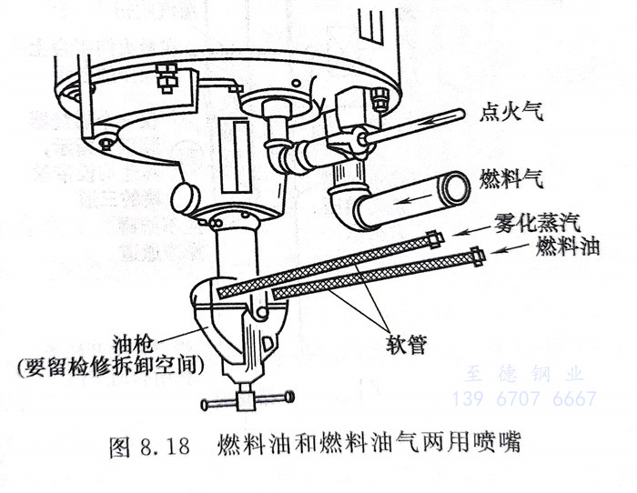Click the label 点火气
click(511, 111)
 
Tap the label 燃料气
click(511, 178)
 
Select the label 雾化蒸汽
click(537, 222)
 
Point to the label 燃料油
click(567, 245)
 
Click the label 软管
click(406, 345)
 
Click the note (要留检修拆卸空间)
click(110, 367)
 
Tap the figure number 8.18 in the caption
click(165, 447)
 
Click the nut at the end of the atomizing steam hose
click(434, 238)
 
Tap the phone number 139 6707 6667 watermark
click(524, 398)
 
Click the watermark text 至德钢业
click(524, 375)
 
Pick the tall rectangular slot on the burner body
click(235, 156)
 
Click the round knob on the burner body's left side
click(186, 198)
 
